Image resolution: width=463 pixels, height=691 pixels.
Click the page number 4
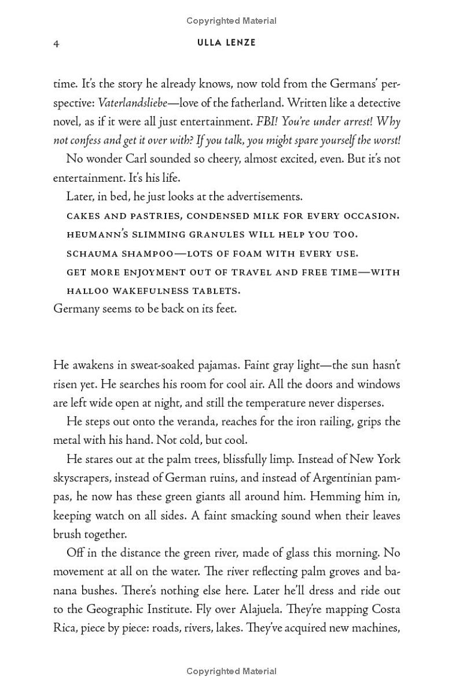[56, 43]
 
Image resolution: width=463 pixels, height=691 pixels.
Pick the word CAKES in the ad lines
[82, 216]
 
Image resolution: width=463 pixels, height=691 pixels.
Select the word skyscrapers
[83, 478]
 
